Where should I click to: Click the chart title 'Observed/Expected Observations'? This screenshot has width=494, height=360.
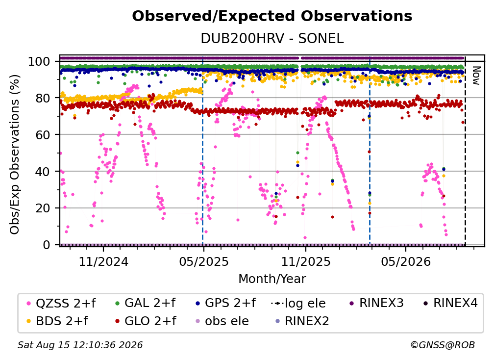(x=272, y=16)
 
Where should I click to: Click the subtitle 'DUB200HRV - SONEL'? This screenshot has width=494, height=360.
(x=272, y=38)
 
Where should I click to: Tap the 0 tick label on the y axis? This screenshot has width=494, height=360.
(x=46, y=245)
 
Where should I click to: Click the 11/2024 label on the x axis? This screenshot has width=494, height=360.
(x=103, y=261)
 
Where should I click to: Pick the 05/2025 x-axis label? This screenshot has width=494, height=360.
(x=204, y=261)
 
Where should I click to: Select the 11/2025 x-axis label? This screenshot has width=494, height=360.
(x=306, y=261)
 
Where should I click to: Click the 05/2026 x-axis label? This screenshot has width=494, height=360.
(x=405, y=261)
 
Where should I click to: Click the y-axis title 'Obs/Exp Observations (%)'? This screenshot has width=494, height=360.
(x=15, y=154)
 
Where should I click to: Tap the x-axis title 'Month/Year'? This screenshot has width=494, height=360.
(x=272, y=279)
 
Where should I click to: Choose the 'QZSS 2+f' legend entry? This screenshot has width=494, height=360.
(x=61, y=303)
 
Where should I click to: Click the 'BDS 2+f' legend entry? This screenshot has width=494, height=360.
(x=58, y=321)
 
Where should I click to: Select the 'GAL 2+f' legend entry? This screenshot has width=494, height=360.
(x=145, y=303)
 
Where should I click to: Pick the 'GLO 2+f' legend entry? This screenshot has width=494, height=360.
(x=146, y=321)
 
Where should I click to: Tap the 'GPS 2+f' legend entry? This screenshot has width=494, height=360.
(x=225, y=303)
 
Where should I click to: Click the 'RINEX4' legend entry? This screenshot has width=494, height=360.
(x=450, y=303)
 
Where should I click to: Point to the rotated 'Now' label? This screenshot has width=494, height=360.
(x=476, y=76)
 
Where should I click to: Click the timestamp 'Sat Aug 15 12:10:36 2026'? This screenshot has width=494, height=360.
(x=80, y=345)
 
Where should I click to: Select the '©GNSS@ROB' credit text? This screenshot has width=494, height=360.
(x=443, y=345)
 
